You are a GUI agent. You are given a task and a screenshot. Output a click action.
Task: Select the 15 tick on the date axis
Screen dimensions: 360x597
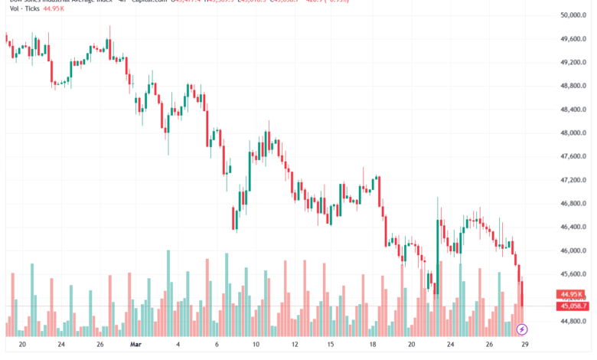pos(331,345)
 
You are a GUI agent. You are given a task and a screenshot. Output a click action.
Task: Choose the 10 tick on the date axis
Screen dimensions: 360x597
pos(257,345)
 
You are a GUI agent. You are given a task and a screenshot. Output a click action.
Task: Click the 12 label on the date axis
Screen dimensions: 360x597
pos(294,345)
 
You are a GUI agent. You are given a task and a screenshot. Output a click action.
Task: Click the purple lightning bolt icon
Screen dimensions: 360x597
pos(522,329)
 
